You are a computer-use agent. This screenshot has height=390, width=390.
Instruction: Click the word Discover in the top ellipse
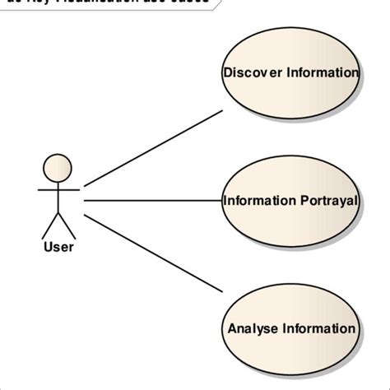tap(252, 73)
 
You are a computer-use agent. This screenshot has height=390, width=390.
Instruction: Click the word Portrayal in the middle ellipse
tap(330, 200)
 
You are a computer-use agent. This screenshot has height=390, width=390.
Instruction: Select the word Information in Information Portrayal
tap(259, 200)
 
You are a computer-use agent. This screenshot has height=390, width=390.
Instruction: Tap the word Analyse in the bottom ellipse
tap(253, 329)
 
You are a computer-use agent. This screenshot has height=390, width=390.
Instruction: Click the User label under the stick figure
tap(58, 246)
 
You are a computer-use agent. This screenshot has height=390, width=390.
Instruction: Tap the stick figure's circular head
tap(58, 167)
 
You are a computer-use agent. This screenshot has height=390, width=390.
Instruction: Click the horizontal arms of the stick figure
tap(58, 189)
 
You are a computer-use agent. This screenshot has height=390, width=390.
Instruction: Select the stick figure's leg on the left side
tap(49, 225)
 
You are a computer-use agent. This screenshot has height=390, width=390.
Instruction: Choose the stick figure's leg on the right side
tap(66, 225)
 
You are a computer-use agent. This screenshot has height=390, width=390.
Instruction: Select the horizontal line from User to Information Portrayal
tap(153, 200)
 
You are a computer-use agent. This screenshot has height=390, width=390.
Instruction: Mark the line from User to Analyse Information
tap(153, 252)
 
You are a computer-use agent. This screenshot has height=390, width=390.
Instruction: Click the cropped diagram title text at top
tap(107, 3)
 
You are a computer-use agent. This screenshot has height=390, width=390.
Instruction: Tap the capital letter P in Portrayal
tap(307, 200)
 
